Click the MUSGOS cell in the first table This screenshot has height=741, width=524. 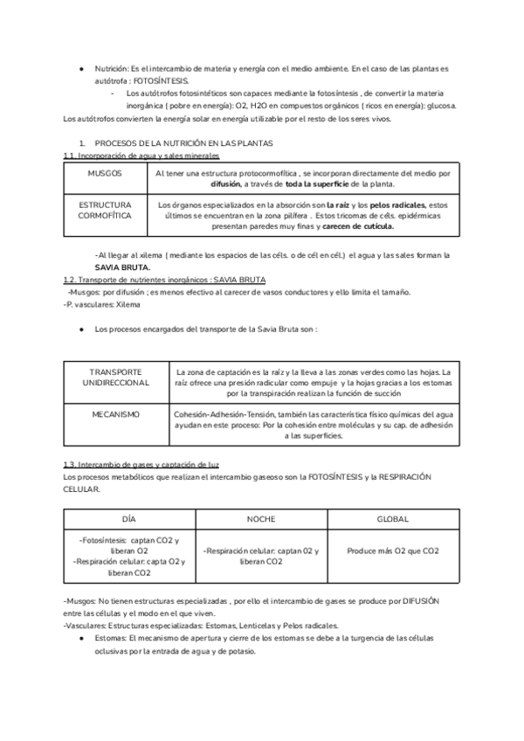coord(105,174)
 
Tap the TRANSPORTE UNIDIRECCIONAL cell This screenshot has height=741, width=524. coord(116,377)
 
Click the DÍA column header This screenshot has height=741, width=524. coord(129,519)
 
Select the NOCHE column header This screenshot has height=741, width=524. coord(260,519)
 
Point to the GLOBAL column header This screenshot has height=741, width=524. coord(392,519)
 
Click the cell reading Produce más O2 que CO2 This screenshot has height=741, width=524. coord(392,551)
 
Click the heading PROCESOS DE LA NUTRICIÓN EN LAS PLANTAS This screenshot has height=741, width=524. coord(183,142)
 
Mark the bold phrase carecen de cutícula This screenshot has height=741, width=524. coord(358,225)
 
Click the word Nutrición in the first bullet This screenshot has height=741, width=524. coord(111,68)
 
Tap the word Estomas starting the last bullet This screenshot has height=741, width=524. coord(110,639)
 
